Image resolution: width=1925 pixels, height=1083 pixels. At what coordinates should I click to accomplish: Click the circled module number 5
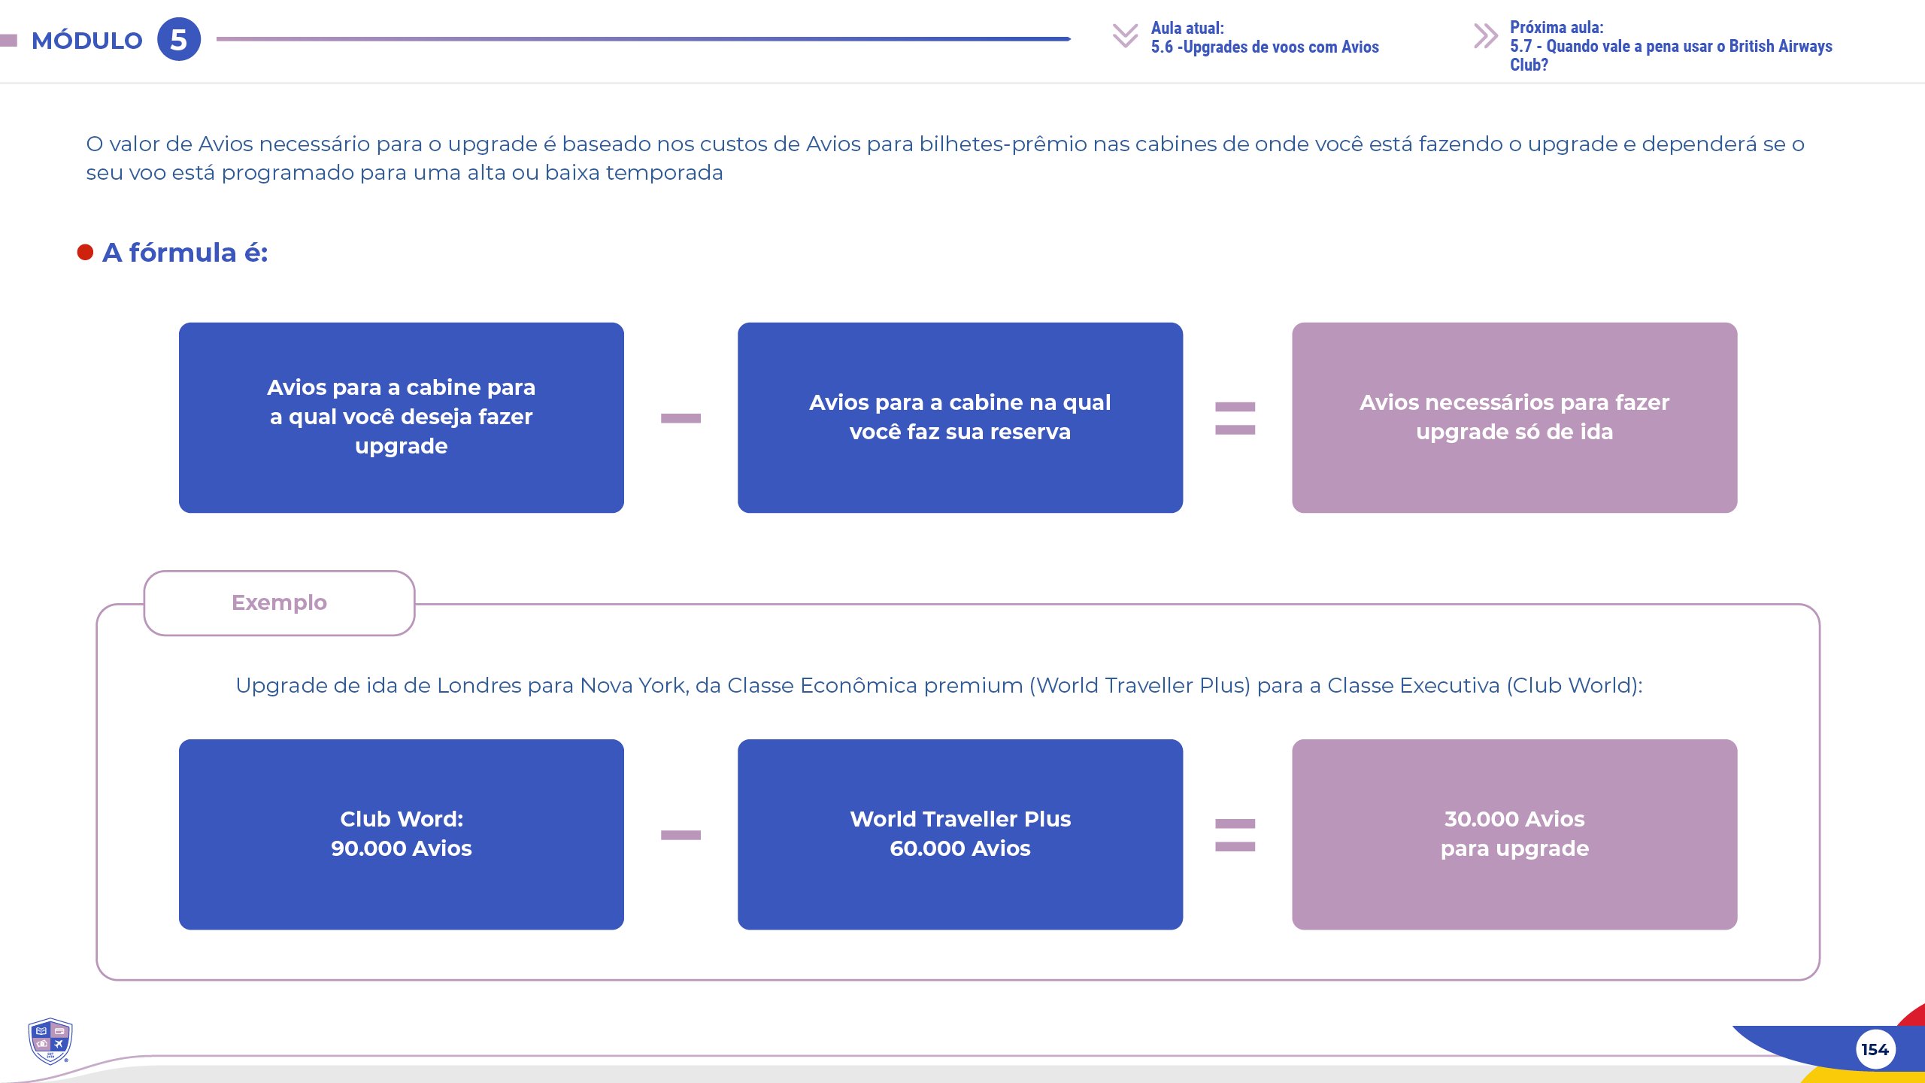[179, 39]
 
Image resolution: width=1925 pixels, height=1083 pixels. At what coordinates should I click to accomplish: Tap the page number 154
[1875, 1049]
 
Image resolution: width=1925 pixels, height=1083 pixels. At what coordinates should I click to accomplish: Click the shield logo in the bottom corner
[50, 1041]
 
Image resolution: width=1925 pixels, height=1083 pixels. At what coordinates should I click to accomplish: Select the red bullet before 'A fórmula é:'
[85, 252]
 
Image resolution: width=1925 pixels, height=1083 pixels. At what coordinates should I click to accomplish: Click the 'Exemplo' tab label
[279, 602]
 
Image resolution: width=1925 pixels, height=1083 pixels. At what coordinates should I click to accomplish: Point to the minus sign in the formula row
[681, 418]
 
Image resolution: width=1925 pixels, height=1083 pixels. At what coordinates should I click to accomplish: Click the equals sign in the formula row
[1235, 418]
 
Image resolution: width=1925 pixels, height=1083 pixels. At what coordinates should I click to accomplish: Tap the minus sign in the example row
[681, 835]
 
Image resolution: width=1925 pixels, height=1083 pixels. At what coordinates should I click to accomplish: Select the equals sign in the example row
[1235, 835]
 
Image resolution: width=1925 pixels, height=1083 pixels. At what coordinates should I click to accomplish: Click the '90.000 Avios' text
[402, 848]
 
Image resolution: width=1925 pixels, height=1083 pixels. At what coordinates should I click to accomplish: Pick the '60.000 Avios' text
[960, 848]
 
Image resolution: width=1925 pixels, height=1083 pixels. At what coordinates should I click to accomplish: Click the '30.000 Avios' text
[1514, 819]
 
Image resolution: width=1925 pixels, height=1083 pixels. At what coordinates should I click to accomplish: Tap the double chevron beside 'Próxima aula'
[1485, 36]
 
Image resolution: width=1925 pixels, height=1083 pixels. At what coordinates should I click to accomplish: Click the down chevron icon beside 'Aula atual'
[1125, 35]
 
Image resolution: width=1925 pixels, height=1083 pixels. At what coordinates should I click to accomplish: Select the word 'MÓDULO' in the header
[87, 41]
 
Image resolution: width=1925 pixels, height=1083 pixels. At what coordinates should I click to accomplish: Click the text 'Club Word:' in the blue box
[402, 819]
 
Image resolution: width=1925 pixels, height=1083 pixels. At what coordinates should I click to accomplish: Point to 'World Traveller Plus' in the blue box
[960, 819]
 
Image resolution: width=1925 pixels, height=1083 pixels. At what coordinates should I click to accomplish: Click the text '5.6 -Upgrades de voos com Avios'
[1265, 47]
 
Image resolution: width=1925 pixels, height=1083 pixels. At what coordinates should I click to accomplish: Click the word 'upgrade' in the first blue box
[402, 447]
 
